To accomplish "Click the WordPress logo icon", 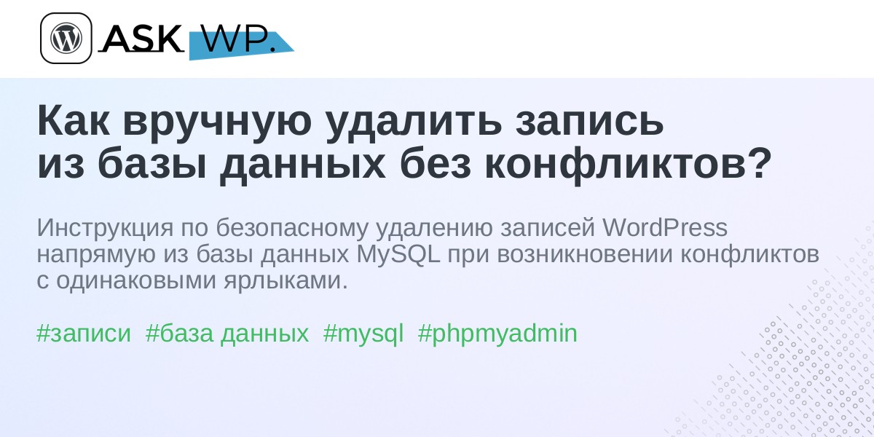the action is click(66, 38).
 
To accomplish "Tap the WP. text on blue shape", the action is click(238, 39).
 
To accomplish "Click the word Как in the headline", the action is click(74, 122).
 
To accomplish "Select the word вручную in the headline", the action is click(217, 125).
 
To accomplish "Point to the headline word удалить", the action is click(414, 125).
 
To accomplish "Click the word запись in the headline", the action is click(589, 125).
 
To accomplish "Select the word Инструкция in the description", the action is click(105, 228).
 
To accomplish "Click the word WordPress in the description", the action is click(665, 227).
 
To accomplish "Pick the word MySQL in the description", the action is click(398, 254).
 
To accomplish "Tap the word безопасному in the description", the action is click(292, 228).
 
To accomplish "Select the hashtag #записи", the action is click(84, 334).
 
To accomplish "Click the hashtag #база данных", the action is click(227, 334).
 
